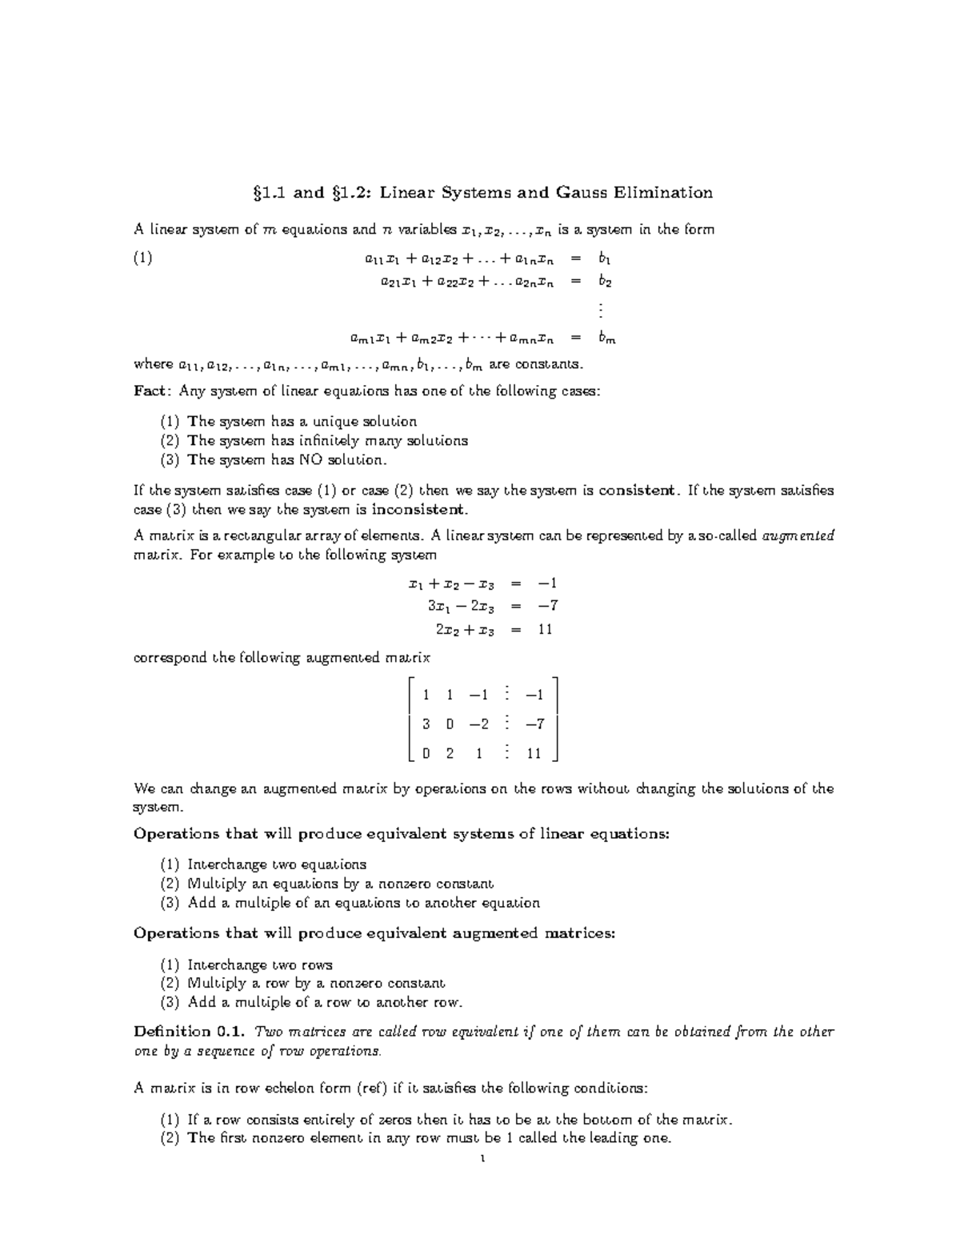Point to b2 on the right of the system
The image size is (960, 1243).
(605, 281)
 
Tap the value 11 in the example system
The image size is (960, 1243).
(545, 630)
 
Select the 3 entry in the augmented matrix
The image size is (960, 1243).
(426, 724)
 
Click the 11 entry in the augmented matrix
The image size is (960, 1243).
(534, 753)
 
